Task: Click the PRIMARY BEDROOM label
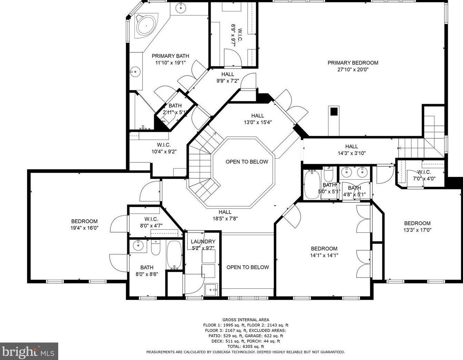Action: [353, 63]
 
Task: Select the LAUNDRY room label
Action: [203, 242]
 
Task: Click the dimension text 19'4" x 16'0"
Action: [84, 228]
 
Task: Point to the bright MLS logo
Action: [29, 351]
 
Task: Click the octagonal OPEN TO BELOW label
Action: [247, 162]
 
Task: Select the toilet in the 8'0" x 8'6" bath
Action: [156, 248]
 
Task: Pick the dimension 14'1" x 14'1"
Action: [324, 255]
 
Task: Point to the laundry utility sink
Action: [211, 290]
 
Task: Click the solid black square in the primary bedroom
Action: [334, 112]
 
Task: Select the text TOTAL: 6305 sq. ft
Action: [246, 346]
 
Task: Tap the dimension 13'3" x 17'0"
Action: [417, 230]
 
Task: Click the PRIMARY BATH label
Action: [170, 56]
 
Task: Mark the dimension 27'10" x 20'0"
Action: [353, 69]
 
